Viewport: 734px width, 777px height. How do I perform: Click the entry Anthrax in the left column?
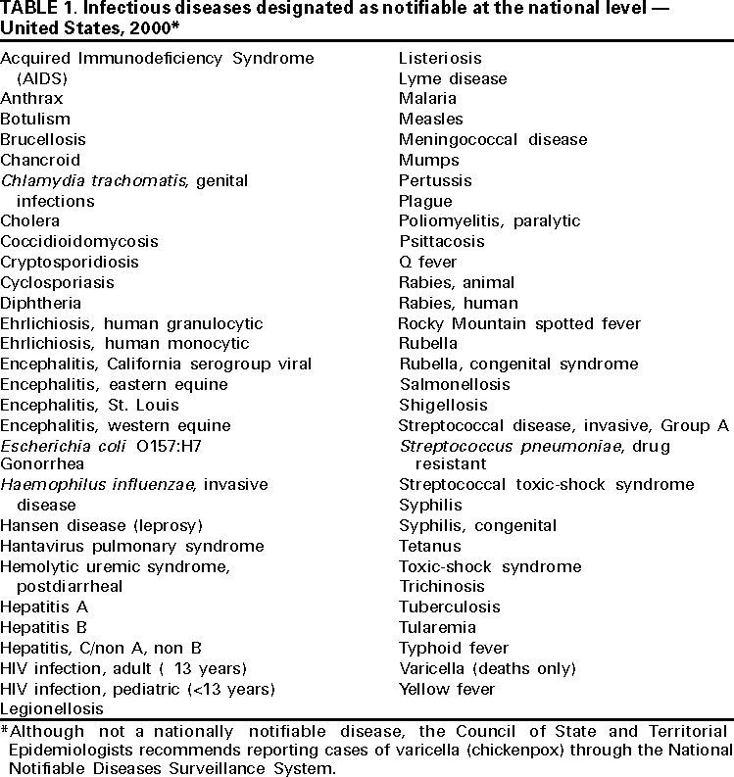coord(31,99)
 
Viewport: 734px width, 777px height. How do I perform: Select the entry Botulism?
coord(35,120)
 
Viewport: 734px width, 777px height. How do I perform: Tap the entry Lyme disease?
coord(452,78)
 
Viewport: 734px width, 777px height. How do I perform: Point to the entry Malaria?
coord(427,99)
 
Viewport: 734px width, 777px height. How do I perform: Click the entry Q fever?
coord(427,263)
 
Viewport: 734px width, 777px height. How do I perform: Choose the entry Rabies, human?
coord(458,304)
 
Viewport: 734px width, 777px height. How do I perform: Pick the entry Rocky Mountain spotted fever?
coord(518,324)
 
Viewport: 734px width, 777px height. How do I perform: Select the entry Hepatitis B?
coord(44,627)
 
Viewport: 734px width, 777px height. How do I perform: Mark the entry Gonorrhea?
coord(42,463)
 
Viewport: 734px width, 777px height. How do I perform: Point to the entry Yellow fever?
coord(446,689)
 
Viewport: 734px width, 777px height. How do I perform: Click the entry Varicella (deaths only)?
coord(487,668)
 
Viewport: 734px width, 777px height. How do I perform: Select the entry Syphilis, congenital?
coord(477,525)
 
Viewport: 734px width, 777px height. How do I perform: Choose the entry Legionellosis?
coord(51,708)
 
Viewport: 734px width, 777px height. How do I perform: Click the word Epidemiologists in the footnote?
coord(72,752)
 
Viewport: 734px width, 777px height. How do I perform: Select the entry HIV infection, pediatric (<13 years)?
coord(136,689)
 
